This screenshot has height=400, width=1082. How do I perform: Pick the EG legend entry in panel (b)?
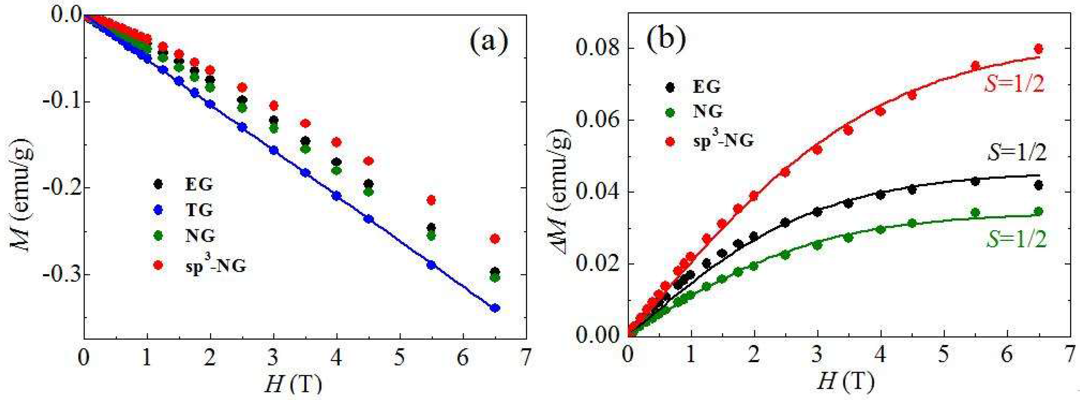pyautogui.click(x=706, y=87)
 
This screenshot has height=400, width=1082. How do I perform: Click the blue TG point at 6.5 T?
pyautogui.click(x=495, y=308)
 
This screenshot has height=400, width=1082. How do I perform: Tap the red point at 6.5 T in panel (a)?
pyautogui.click(x=495, y=239)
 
